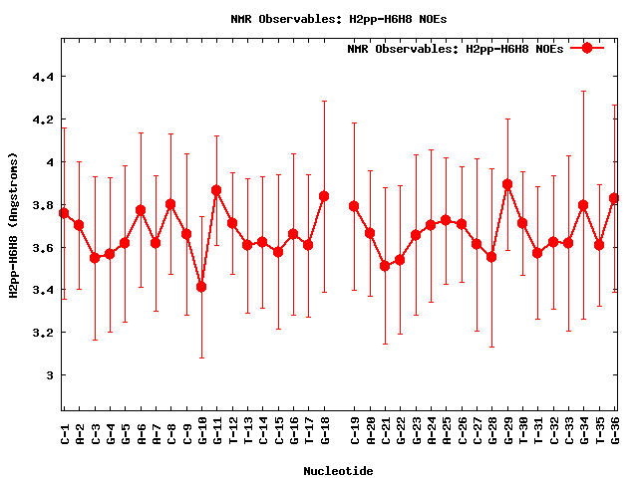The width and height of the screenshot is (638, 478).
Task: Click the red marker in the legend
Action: [x=587, y=48]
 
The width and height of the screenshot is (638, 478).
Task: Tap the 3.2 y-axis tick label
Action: [x=44, y=333]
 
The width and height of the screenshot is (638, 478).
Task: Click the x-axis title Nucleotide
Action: [x=338, y=471]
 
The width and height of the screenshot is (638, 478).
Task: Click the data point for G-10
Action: [x=201, y=287]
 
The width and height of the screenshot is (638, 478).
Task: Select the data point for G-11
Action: [x=216, y=190]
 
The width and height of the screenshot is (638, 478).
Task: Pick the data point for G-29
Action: [x=507, y=184]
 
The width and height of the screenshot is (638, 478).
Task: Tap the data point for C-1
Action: [x=64, y=213]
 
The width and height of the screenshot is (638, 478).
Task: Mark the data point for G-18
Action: [x=324, y=196]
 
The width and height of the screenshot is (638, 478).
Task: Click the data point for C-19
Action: [x=354, y=206]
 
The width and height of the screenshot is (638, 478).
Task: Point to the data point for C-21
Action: [x=385, y=266]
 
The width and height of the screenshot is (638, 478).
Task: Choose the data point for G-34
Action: [x=583, y=205]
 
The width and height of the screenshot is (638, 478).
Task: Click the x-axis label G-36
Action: [x=615, y=429]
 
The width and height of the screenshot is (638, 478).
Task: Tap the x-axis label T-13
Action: [x=248, y=429]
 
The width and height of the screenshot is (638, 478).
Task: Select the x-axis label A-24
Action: [x=431, y=429]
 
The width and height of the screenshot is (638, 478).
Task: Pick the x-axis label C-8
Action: [x=171, y=429]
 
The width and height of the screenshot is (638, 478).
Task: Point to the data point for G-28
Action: [x=491, y=257]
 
